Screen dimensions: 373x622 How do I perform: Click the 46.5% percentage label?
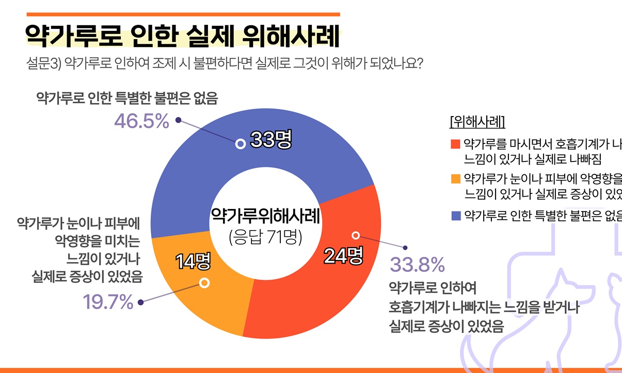[x=141, y=122]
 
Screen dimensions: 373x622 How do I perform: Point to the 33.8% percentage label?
[x=417, y=265]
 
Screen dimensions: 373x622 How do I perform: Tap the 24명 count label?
[x=343, y=255]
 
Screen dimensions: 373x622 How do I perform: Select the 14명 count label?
[x=193, y=262]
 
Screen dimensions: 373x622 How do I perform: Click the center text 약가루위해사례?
[x=265, y=216]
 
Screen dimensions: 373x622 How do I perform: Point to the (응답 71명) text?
[x=265, y=237]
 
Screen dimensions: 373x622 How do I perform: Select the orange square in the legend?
[x=455, y=179]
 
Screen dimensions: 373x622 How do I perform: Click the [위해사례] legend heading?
[x=477, y=122]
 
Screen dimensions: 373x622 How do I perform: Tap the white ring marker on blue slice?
[x=240, y=144]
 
